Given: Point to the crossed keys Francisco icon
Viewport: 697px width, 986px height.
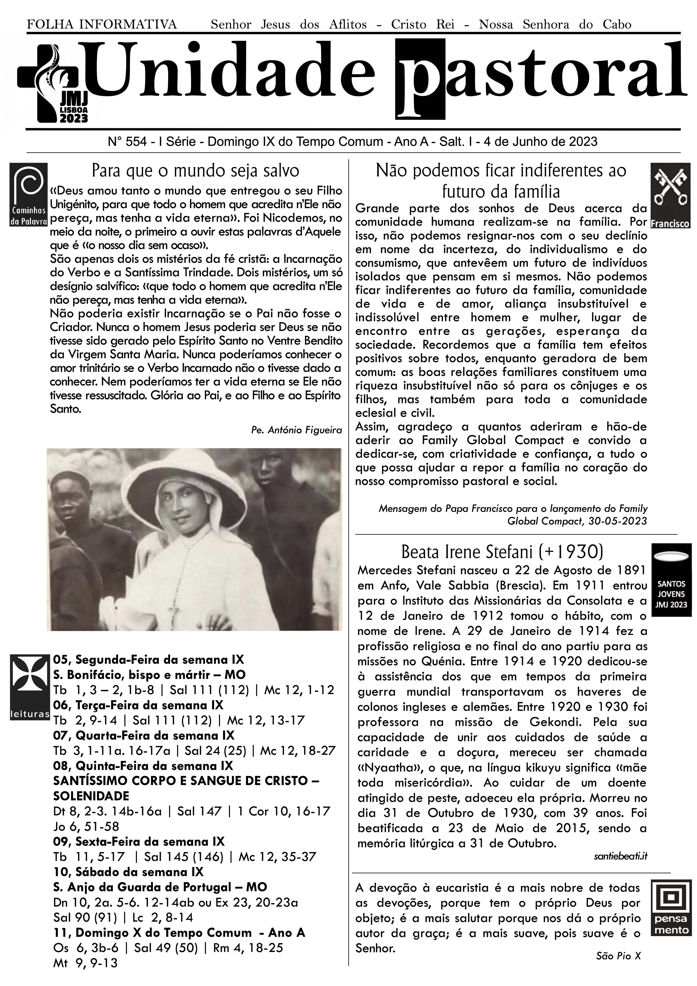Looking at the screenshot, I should tap(670, 195).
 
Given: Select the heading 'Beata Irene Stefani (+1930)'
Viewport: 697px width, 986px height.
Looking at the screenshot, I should tap(502, 551).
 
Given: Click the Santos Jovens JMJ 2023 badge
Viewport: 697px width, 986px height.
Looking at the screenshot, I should tap(671, 580).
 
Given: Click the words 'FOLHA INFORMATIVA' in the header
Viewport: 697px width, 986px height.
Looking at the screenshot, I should tap(102, 24).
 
